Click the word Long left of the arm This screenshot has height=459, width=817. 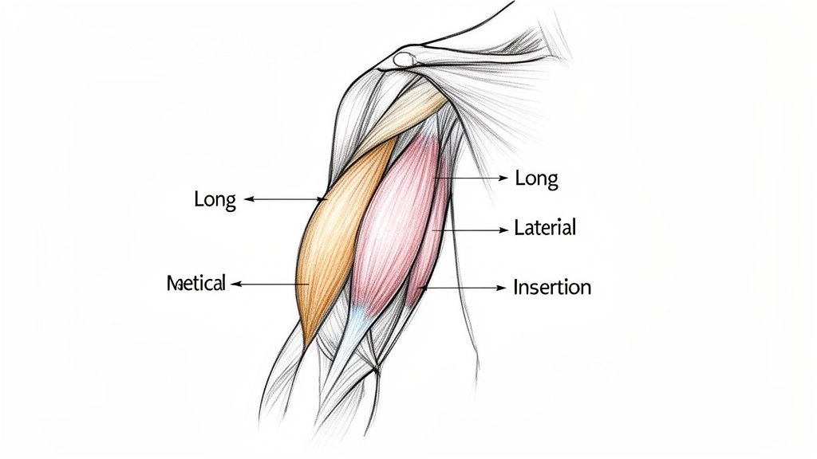click(x=215, y=199)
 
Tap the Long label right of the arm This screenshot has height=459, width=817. click(x=536, y=178)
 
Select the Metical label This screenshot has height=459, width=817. click(x=196, y=283)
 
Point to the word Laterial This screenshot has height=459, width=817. click(x=545, y=228)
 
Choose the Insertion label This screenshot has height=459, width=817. click(x=552, y=286)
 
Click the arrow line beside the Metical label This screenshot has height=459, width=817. click(x=271, y=283)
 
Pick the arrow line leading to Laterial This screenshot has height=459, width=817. click(x=471, y=229)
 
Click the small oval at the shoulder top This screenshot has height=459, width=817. click(x=406, y=58)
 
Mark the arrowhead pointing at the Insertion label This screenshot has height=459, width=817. click(x=503, y=286)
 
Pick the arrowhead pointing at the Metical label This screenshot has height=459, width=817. click(x=235, y=283)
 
